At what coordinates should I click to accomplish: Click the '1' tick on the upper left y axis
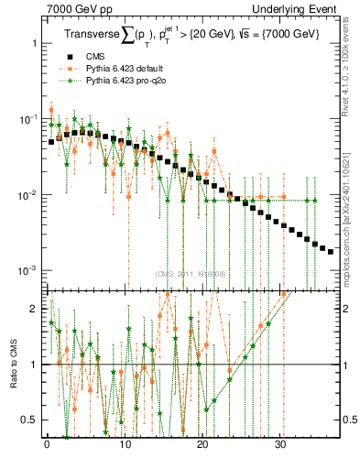coord(33,43)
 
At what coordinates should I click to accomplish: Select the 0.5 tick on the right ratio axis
coord(349,420)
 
